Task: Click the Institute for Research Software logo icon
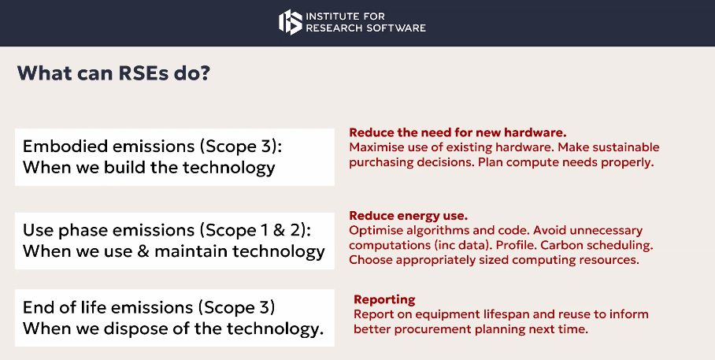pyautogui.click(x=290, y=22)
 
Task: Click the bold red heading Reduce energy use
pyautogui.click(x=409, y=215)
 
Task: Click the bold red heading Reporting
pyautogui.click(x=384, y=300)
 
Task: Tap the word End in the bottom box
pyautogui.click(x=35, y=307)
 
